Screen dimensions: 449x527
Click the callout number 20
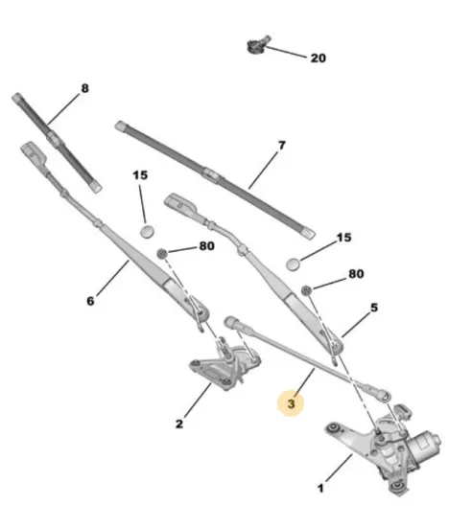[319, 58]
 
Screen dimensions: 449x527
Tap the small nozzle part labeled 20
[258, 44]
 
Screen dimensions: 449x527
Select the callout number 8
[84, 88]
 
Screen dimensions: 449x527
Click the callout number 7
[282, 146]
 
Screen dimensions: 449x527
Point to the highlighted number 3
[291, 403]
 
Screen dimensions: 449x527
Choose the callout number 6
[90, 301]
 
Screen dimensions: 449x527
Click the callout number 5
[374, 308]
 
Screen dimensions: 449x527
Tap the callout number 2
[179, 424]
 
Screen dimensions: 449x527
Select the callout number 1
[320, 488]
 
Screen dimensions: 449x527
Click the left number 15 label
[140, 175]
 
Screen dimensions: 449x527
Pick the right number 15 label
[343, 238]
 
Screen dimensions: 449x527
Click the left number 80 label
[206, 246]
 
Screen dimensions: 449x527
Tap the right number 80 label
[356, 274]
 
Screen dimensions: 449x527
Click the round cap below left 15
[147, 232]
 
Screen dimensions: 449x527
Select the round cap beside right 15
[294, 263]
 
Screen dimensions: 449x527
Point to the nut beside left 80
[162, 253]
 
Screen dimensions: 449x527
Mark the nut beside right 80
[306, 289]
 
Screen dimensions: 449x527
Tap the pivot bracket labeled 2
[224, 367]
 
